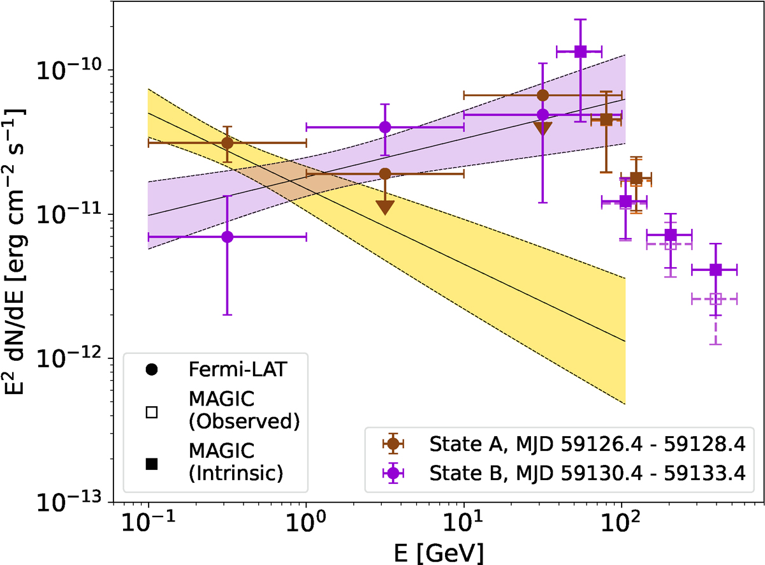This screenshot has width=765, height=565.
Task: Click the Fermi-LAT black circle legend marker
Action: (151, 370)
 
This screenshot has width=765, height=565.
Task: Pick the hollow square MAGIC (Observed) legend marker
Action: (151, 412)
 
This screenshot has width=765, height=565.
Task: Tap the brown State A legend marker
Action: (393, 443)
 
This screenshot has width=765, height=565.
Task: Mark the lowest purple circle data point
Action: (228, 237)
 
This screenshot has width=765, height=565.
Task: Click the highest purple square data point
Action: (580, 52)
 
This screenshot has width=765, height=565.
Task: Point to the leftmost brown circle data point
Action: (228, 143)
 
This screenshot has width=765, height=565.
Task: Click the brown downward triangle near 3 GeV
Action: (384, 206)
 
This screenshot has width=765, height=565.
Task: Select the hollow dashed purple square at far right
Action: (715, 298)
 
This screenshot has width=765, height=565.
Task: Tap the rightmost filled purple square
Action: (715, 270)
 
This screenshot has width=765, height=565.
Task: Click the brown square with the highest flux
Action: (606, 119)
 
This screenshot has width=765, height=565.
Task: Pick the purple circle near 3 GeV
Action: (384, 127)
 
